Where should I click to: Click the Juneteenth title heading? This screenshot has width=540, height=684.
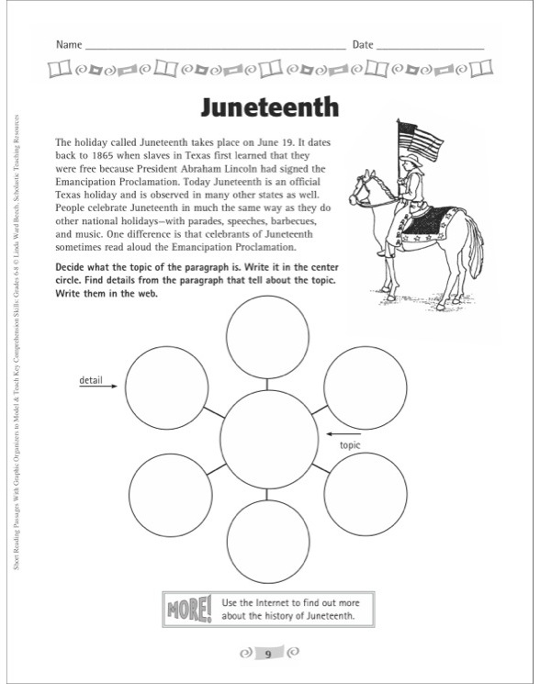coord(269,107)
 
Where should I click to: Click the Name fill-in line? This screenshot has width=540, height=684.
coord(216,46)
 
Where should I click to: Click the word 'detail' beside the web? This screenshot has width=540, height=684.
coord(91,379)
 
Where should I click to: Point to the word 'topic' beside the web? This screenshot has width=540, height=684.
coord(350,445)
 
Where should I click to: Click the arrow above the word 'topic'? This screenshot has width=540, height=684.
coord(345,432)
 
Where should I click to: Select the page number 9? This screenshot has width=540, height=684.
coord(268,655)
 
